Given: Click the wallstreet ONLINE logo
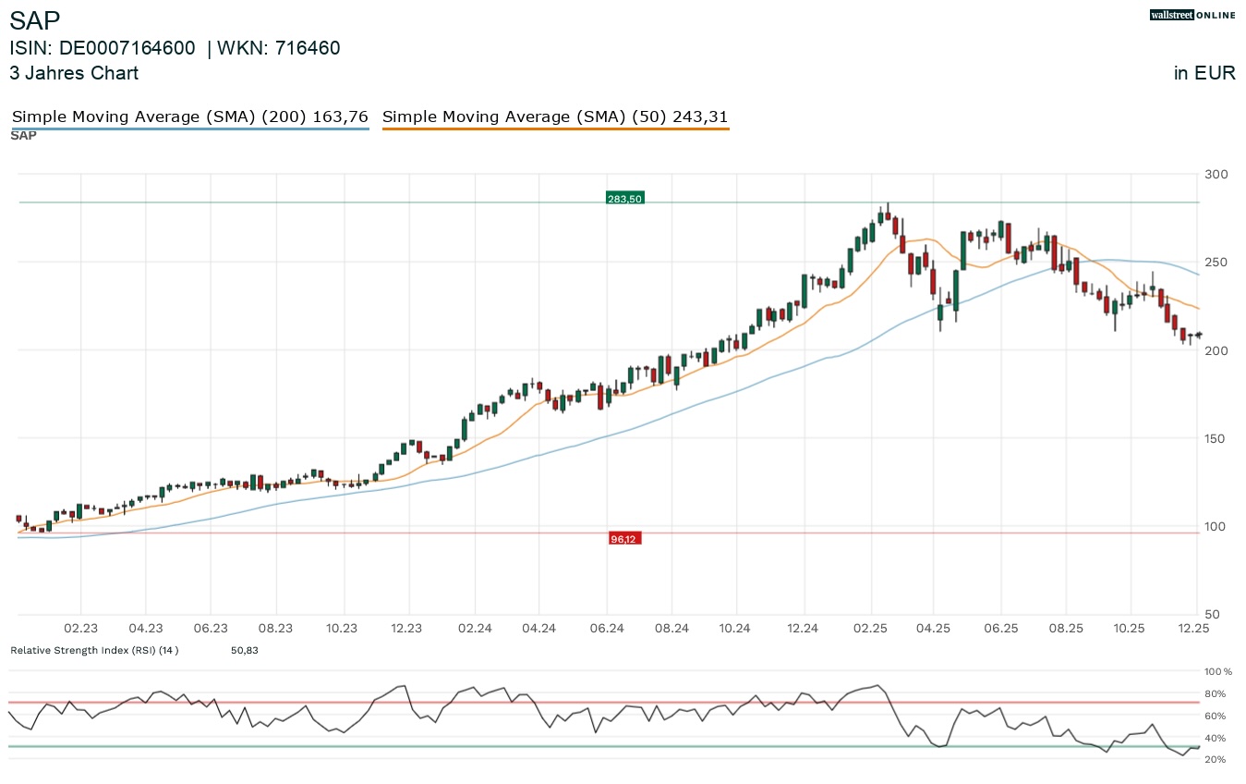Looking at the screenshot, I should [x=1192, y=15].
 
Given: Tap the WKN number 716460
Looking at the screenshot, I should [x=301, y=48].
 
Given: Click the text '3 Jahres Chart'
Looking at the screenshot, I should [x=74, y=73].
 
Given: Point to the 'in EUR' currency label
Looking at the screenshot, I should [x=1204, y=73].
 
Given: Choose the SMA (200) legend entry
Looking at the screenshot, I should [x=189, y=116].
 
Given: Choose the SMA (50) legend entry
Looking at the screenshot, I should [x=555, y=116].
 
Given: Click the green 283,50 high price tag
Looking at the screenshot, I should [x=624, y=198].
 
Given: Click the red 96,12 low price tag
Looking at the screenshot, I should [x=624, y=539].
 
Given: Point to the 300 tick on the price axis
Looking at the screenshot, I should [x=1216, y=175].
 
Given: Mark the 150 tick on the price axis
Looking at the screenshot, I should [x=1216, y=438].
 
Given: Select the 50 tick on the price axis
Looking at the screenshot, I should [x=1213, y=615].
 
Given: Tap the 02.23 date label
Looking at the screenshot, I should [x=80, y=629].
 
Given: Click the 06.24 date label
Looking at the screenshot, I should [x=605, y=629].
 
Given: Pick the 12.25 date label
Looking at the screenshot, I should [x=1196, y=629].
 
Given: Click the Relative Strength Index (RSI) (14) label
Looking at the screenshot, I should [x=94, y=650].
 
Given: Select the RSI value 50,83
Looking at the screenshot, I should [x=244, y=650].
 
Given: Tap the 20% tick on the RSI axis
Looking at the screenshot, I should [x=1215, y=759].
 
